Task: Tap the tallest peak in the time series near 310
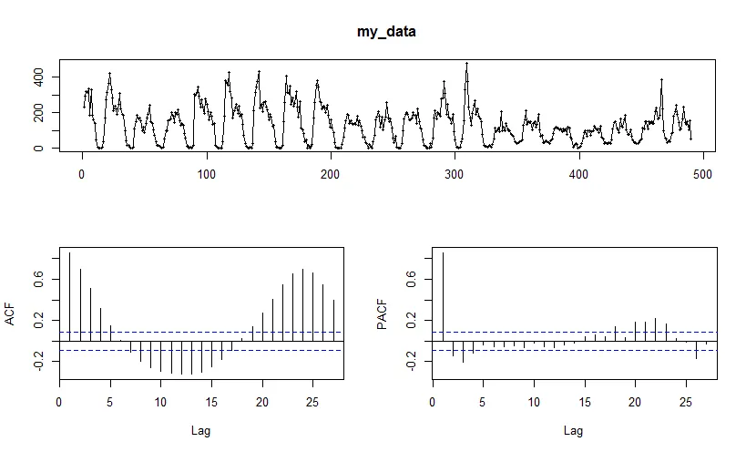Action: [466, 64]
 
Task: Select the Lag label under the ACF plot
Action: [200, 430]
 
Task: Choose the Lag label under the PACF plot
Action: [574, 430]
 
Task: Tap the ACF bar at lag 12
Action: [180, 356]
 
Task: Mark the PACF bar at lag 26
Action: [696, 349]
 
